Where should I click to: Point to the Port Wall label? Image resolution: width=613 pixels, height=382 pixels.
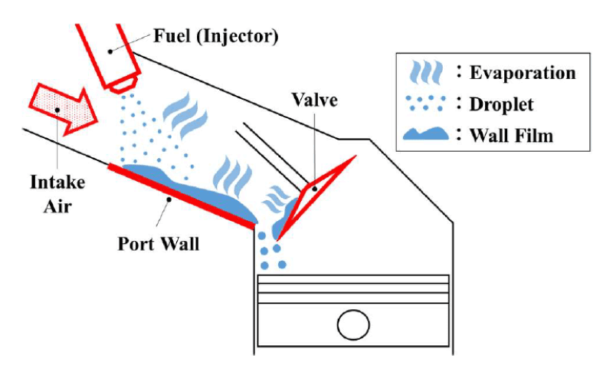[x=159, y=244]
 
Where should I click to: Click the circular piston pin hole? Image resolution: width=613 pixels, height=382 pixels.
[x=354, y=325]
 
